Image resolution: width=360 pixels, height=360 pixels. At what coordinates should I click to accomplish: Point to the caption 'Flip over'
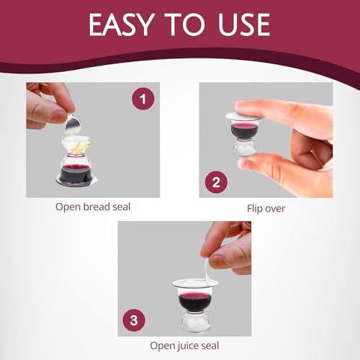pyautogui.click(x=266, y=208)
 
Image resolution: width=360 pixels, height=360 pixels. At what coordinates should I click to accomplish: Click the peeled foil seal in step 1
pyautogui.click(x=72, y=127)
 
